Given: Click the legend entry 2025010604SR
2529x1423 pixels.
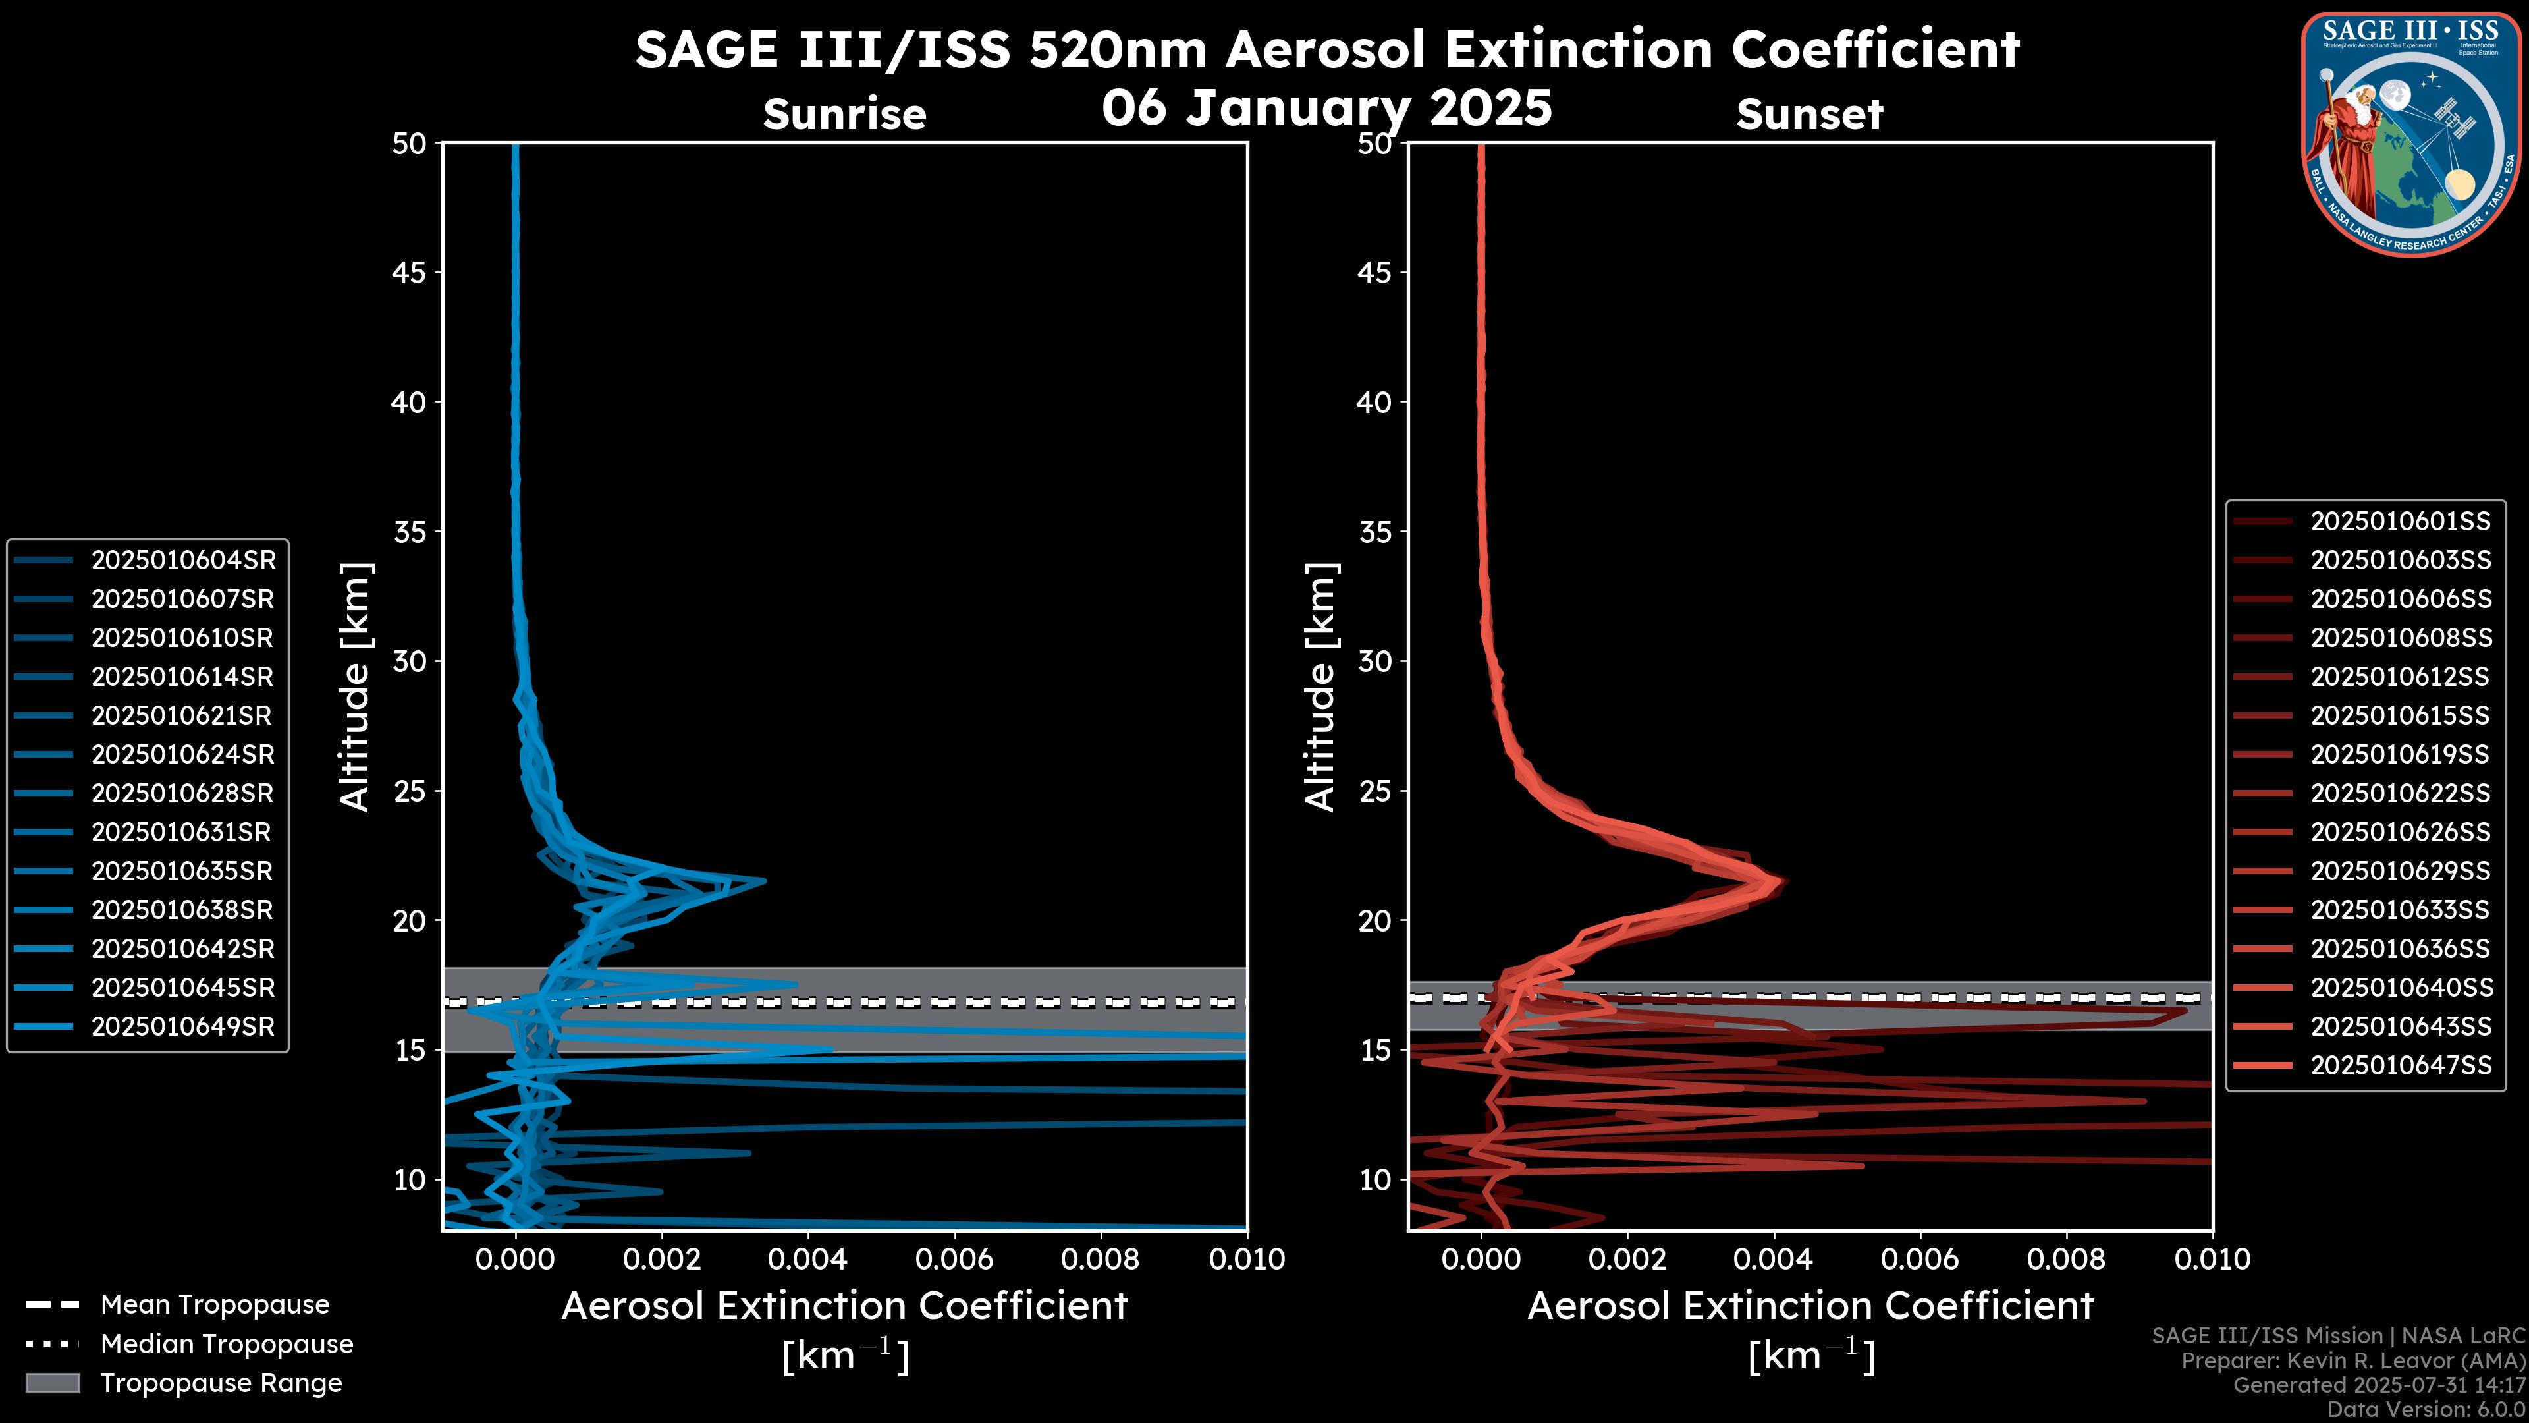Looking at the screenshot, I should pyautogui.click(x=182, y=560).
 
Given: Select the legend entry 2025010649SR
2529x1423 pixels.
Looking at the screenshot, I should pyautogui.click(x=182, y=1026).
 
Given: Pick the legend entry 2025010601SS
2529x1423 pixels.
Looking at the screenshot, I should pyautogui.click(x=2401, y=520).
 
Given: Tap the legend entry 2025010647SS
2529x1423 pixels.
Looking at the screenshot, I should pyautogui.click(x=2401, y=1065).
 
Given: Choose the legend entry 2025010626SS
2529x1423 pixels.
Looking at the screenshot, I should pyautogui.click(x=2401, y=832).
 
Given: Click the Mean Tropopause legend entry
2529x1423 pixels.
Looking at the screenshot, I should pyautogui.click(x=214, y=1304).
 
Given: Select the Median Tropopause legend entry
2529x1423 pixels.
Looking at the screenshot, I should pyautogui.click(x=226, y=1343).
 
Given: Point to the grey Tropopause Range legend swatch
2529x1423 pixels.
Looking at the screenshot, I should pyautogui.click(x=52, y=1383).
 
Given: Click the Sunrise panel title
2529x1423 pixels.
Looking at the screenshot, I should pyautogui.click(x=844, y=114).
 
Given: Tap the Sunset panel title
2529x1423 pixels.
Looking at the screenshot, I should pyautogui.click(x=1809, y=114).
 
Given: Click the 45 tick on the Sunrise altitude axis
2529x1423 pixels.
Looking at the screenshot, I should pyautogui.click(x=410, y=272).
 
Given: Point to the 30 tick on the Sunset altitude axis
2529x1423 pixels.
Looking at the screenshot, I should pyautogui.click(x=1374, y=661).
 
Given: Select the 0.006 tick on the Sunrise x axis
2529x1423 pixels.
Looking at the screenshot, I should pyautogui.click(x=953, y=1259).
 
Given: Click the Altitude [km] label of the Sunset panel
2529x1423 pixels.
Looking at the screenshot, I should pyautogui.click(x=1320, y=686).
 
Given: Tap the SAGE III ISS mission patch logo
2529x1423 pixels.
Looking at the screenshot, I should pyautogui.click(x=2411, y=132).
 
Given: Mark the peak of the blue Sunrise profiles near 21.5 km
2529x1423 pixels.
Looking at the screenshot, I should pyautogui.click(x=764, y=880).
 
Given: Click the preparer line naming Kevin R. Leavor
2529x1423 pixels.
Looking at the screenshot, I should pyautogui.click(x=2352, y=1360).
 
